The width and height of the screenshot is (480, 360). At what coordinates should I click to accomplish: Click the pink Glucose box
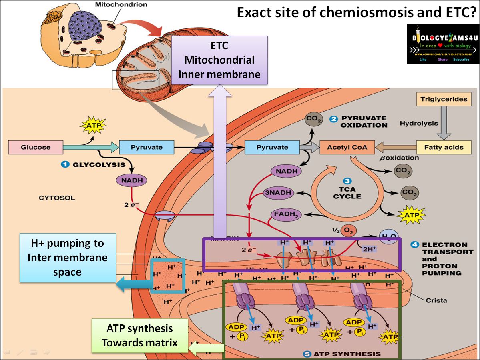[36, 147]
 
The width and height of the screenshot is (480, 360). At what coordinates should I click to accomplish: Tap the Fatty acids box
[443, 147]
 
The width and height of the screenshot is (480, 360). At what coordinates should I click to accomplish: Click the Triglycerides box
[444, 99]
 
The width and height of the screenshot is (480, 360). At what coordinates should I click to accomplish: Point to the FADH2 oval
[285, 215]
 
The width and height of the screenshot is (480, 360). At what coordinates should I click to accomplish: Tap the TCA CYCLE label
[347, 193]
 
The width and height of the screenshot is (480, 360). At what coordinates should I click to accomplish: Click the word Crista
[436, 300]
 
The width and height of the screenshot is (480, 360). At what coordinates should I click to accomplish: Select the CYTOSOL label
[57, 198]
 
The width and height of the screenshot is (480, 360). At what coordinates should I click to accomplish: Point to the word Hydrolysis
[419, 124]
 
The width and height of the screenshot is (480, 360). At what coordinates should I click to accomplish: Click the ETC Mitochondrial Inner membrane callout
[219, 60]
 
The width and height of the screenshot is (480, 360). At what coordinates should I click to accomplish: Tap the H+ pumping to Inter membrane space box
[67, 258]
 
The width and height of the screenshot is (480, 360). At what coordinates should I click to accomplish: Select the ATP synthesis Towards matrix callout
[140, 336]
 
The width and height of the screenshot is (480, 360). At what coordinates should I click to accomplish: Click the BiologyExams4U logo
[443, 44]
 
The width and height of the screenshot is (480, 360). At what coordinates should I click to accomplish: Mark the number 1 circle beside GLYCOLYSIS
[65, 164]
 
